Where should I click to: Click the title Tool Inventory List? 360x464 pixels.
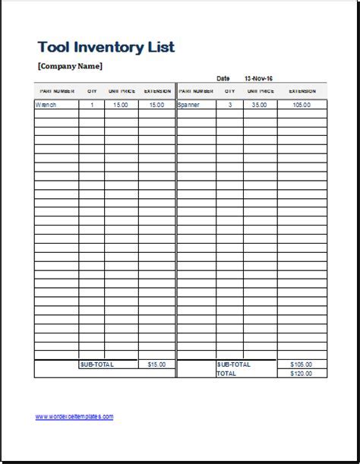click(x=106, y=46)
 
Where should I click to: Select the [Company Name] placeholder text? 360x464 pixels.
click(x=69, y=66)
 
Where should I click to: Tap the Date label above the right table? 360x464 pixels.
click(x=223, y=78)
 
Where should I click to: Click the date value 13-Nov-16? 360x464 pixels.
click(x=258, y=78)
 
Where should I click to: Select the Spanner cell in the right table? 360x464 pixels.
click(x=188, y=105)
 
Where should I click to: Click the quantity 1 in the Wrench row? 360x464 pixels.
click(x=92, y=105)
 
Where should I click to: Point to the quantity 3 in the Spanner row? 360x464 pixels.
click(x=229, y=105)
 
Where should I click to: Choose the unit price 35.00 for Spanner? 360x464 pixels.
click(x=260, y=105)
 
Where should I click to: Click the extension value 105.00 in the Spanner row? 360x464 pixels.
click(x=302, y=105)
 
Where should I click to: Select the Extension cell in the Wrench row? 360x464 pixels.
click(x=156, y=105)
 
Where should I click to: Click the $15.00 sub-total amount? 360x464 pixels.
click(x=156, y=365)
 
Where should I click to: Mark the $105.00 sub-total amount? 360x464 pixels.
click(x=302, y=365)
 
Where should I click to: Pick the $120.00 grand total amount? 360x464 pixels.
click(x=302, y=374)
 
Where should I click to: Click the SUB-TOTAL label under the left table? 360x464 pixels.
click(x=96, y=365)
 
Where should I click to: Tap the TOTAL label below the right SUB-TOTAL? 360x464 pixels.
click(x=226, y=374)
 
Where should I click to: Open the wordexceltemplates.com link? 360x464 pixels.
click(x=74, y=416)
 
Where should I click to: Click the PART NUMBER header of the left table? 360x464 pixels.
click(x=55, y=90)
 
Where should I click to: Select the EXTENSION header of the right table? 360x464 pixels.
click(x=302, y=90)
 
